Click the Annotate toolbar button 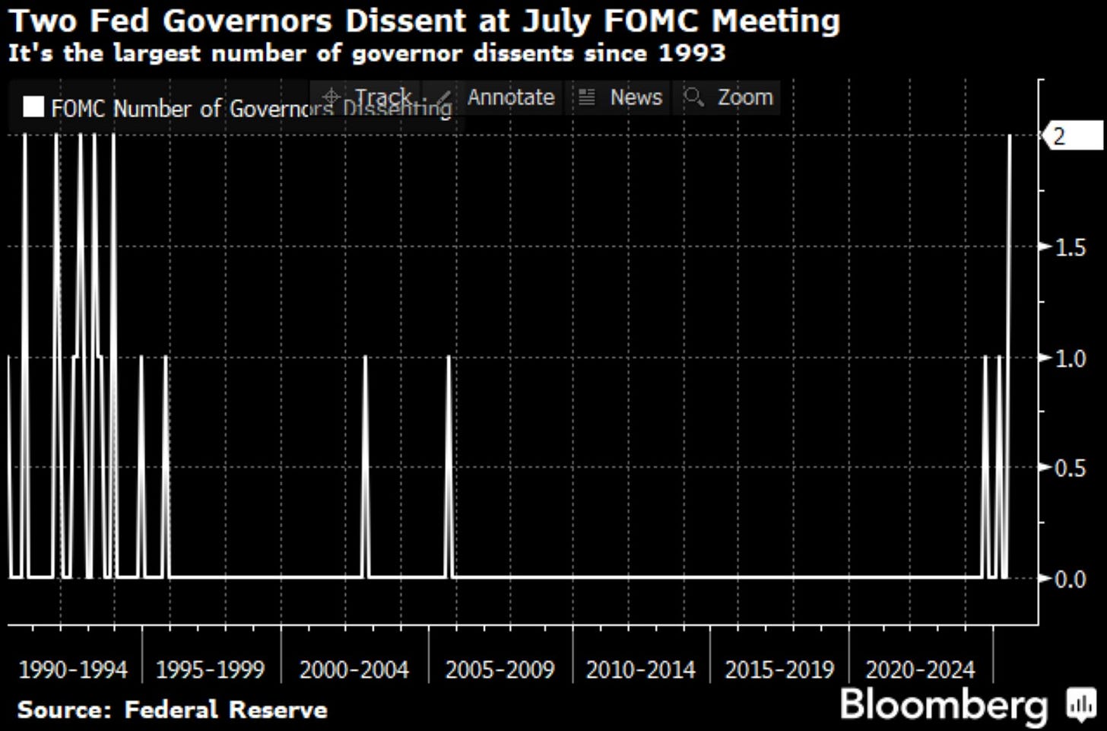click(x=510, y=97)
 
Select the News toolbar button click(x=636, y=97)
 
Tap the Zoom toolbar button click(x=744, y=97)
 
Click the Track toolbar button click(x=382, y=97)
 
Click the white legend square click(x=33, y=107)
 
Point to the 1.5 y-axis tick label click(x=1071, y=247)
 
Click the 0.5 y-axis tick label click(x=1071, y=468)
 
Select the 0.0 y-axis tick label click(x=1071, y=580)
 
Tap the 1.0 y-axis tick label click(x=1071, y=358)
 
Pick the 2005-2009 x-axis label click(x=500, y=670)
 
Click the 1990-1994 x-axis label click(x=73, y=670)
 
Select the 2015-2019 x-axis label click(x=779, y=670)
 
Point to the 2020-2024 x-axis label click(x=920, y=670)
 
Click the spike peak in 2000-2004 click(x=365, y=357)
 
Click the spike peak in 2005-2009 click(x=449, y=357)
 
